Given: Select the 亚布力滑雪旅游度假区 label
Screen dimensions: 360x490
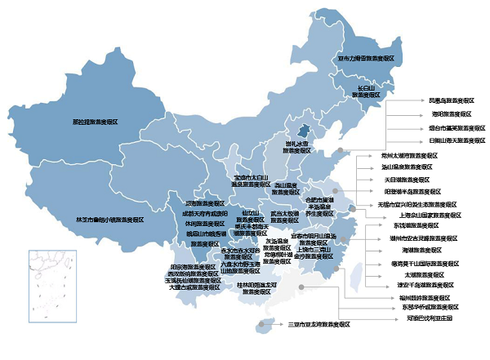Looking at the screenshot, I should (x=366, y=59).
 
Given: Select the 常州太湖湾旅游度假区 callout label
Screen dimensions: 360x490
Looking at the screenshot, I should (x=405, y=153).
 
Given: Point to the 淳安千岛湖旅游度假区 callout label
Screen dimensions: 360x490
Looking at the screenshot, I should (x=413, y=286).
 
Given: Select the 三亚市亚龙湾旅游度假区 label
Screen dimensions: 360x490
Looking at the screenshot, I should (x=318, y=325).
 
